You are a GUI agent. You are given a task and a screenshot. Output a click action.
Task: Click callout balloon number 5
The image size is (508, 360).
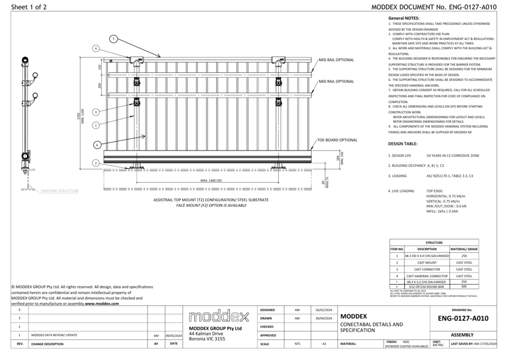[x=114, y=39]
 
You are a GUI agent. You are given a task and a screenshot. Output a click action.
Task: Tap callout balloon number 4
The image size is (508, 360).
[x=96, y=49]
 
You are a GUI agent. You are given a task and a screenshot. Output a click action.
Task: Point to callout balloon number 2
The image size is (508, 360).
[x=96, y=163]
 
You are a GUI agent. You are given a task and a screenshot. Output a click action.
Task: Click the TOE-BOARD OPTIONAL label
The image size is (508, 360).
[x=337, y=140]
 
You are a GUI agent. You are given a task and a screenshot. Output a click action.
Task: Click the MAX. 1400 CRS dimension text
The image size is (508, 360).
[x=210, y=181]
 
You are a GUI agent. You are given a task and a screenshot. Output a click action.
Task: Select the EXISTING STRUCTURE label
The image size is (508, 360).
[x=60, y=191]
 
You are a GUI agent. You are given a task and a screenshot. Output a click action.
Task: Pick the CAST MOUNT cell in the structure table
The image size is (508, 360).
[x=427, y=262]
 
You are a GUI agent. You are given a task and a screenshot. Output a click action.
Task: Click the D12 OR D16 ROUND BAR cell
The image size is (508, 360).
[x=427, y=287]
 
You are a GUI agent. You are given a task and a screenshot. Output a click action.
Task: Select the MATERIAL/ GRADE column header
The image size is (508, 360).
[x=464, y=249]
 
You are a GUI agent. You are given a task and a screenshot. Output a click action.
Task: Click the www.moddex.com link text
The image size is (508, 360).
[x=102, y=304]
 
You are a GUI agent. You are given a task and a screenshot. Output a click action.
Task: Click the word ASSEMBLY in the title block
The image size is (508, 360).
[x=462, y=335]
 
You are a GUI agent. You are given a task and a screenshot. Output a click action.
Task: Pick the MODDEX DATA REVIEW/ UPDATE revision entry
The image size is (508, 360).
[x=54, y=336]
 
